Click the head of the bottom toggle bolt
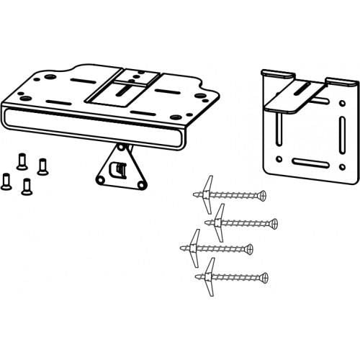264,276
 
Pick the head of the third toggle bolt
249,250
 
